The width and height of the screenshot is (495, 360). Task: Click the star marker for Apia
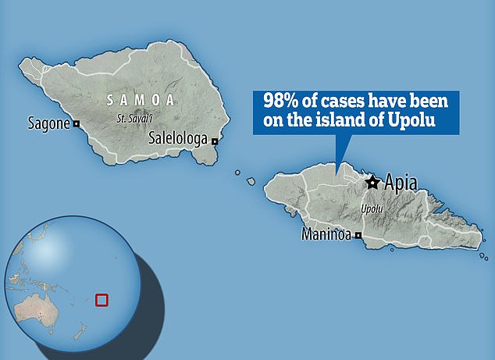(372, 182)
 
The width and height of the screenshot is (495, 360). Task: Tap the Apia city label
(400, 184)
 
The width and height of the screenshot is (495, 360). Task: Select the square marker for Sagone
(77, 123)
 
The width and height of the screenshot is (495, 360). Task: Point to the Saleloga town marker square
(214, 141)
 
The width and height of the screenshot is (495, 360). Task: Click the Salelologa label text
(178, 138)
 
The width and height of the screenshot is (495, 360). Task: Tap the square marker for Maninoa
(358, 235)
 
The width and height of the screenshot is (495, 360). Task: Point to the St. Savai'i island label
(132, 119)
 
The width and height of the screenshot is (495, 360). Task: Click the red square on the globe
(100, 300)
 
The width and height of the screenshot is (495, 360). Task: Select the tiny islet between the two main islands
(251, 181)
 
